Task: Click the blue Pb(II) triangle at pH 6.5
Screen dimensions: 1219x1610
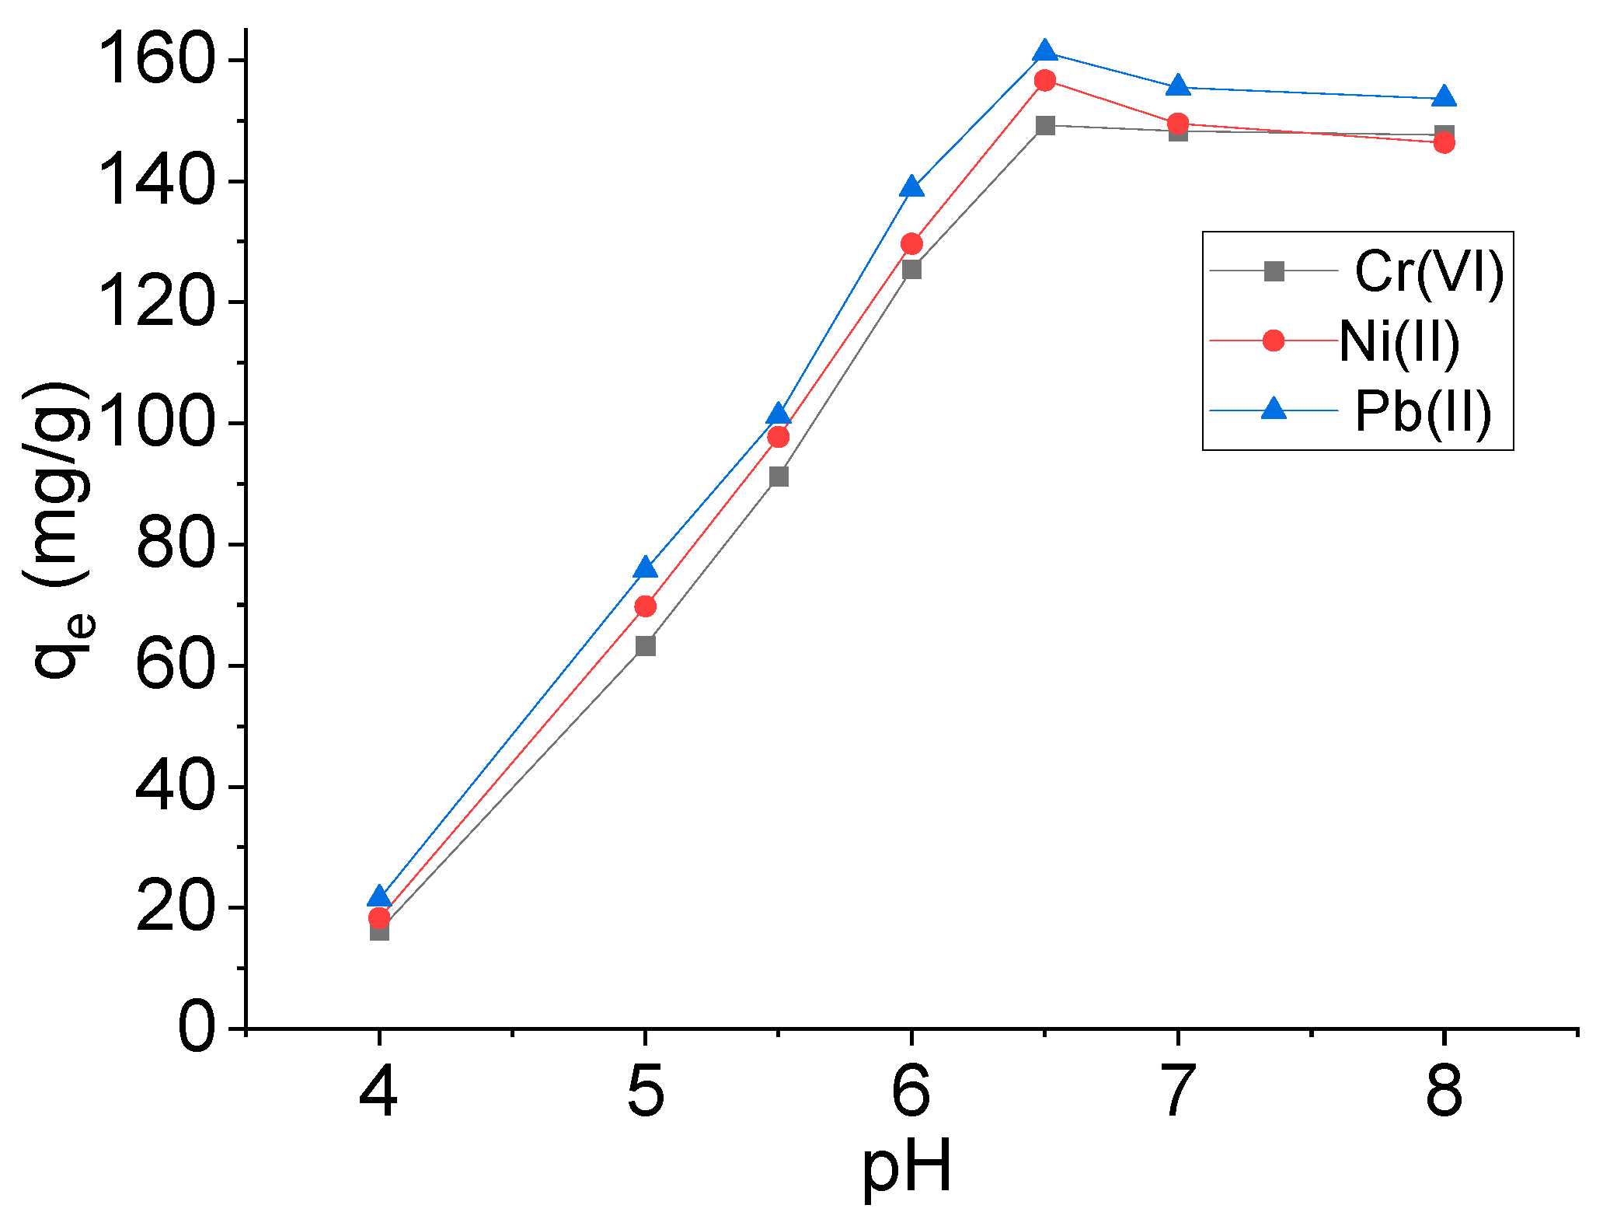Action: click(x=1045, y=51)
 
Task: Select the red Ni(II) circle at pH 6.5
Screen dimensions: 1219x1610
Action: click(x=1045, y=80)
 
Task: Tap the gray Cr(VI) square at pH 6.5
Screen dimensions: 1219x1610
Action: click(x=1045, y=125)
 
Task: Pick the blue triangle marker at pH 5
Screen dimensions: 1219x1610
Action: click(x=645, y=568)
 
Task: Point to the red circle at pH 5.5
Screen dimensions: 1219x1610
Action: click(x=779, y=438)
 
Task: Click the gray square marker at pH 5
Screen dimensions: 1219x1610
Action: click(x=645, y=646)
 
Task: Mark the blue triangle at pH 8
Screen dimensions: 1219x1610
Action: click(x=1444, y=96)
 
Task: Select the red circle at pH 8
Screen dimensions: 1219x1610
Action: click(x=1444, y=142)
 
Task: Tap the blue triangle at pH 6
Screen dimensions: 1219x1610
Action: click(x=912, y=187)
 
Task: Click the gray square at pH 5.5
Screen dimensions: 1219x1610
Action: click(x=779, y=477)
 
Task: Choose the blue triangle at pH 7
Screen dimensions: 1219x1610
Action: click(x=1178, y=86)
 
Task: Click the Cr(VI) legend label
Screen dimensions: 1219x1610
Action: click(x=1429, y=271)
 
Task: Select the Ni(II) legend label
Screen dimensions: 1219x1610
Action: click(x=1399, y=341)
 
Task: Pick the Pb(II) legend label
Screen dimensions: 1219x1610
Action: click(x=1423, y=410)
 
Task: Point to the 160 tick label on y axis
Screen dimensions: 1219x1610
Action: click(x=156, y=61)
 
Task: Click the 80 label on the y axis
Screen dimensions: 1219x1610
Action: click(x=174, y=545)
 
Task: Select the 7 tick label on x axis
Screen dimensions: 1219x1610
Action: click(x=1178, y=1092)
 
